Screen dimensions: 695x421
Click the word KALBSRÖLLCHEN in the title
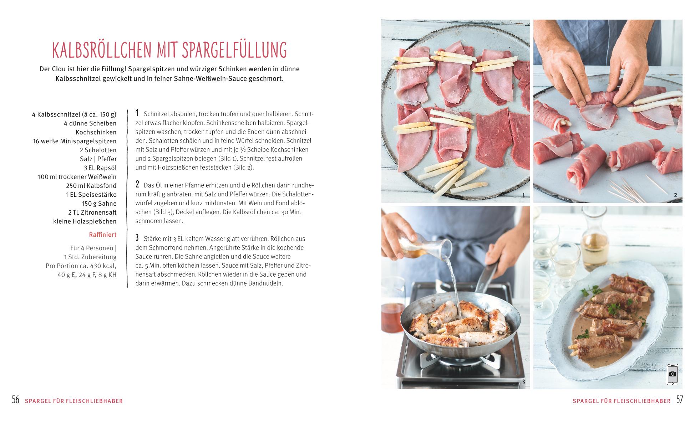click(x=102, y=50)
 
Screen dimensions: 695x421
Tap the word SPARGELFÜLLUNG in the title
click(x=234, y=50)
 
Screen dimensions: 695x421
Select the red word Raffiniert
click(x=103, y=235)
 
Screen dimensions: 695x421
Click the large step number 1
click(x=137, y=113)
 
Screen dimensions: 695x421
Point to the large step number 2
click(x=137, y=184)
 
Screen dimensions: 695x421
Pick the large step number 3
click(x=137, y=238)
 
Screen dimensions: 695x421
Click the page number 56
click(x=16, y=400)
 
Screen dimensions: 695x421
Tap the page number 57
click(x=679, y=400)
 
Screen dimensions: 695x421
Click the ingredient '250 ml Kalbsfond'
click(x=91, y=186)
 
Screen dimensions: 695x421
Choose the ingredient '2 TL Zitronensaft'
click(x=92, y=212)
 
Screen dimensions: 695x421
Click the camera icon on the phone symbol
click(x=673, y=374)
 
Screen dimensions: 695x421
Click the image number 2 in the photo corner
click(x=675, y=195)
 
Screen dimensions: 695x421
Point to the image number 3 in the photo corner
click(x=523, y=382)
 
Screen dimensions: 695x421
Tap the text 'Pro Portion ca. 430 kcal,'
click(x=81, y=266)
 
